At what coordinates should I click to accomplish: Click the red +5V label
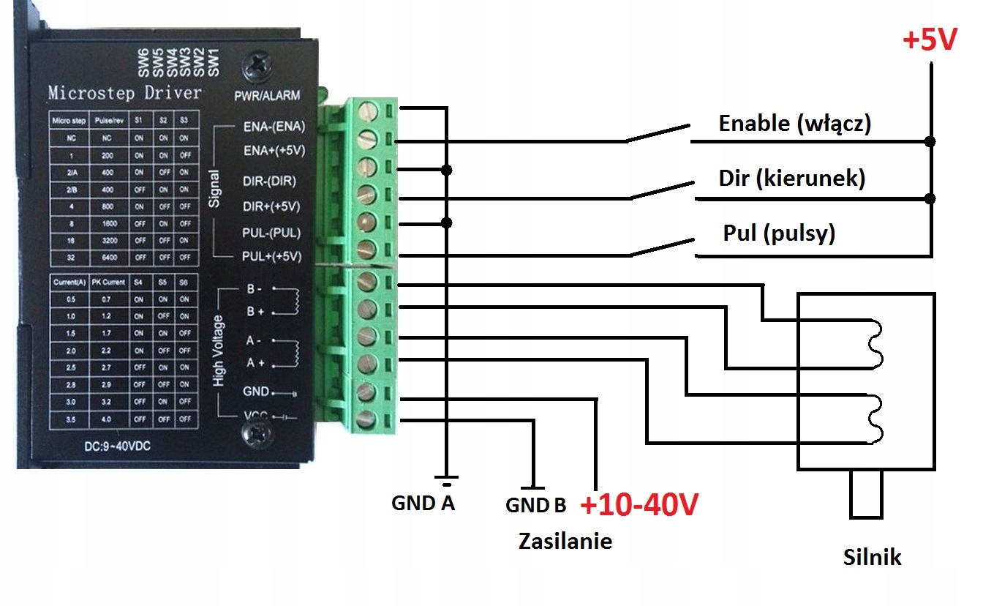click(x=930, y=41)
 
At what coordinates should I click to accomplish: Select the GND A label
click(x=423, y=503)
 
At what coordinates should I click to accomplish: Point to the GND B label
click(x=535, y=505)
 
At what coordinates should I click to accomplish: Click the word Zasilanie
click(x=565, y=541)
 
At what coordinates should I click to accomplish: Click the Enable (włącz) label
click(x=794, y=123)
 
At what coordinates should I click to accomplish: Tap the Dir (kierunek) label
click(x=792, y=178)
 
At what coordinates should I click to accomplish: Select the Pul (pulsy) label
click(x=779, y=233)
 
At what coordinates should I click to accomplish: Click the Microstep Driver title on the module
click(x=124, y=93)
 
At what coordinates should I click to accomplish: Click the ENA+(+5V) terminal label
click(x=273, y=151)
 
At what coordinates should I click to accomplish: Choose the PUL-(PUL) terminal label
click(x=271, y=233)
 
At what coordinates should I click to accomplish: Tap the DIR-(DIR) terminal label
click(x=270, y=179)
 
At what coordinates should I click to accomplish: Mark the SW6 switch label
click(x=143, y=63)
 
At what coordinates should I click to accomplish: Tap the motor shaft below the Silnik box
click(x=866, y=495)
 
